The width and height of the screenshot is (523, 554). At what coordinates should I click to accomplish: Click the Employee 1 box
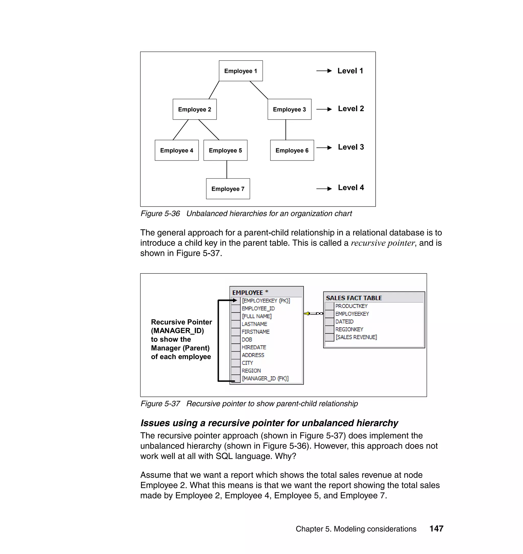(x=241, y=71)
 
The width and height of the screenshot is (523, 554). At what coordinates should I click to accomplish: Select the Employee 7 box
(x=228, y=189)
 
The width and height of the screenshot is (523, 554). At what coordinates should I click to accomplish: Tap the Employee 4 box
(x=176, y=150)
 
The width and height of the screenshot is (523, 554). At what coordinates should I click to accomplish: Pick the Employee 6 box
(x=292, y=150)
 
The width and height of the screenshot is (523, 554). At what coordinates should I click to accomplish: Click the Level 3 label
(x=351, y=147)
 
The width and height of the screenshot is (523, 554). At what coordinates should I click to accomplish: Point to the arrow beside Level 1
(x=324, y=71)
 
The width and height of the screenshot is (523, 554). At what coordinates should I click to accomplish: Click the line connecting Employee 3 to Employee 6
(x=286, y=130)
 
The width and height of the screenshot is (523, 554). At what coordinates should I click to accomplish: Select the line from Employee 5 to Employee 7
(x=227, y=169)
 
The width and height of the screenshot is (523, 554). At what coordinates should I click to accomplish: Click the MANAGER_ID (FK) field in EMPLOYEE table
(x=265, y=378)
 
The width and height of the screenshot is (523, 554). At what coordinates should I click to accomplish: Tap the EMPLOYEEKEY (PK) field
(x=266, y=301)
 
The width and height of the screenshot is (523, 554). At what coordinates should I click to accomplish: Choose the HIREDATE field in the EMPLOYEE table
(x=254, y=347)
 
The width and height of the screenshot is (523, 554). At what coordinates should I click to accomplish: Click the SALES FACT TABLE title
(x=353, y=298)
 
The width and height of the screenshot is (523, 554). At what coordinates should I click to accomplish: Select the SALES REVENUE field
(x=356, y=337)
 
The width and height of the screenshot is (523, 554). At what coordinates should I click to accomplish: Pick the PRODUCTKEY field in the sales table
(x=351, y=306)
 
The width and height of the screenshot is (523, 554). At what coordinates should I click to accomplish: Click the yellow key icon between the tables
(x=307, y=314)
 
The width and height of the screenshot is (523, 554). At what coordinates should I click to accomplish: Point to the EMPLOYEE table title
(x=247, y=293)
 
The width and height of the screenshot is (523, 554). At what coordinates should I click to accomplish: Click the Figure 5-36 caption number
(x=160, y=214)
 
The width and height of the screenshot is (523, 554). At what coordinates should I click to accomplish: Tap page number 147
(x=436, y=529)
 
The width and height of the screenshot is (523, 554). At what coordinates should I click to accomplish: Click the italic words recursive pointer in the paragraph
(x=383, y=243)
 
